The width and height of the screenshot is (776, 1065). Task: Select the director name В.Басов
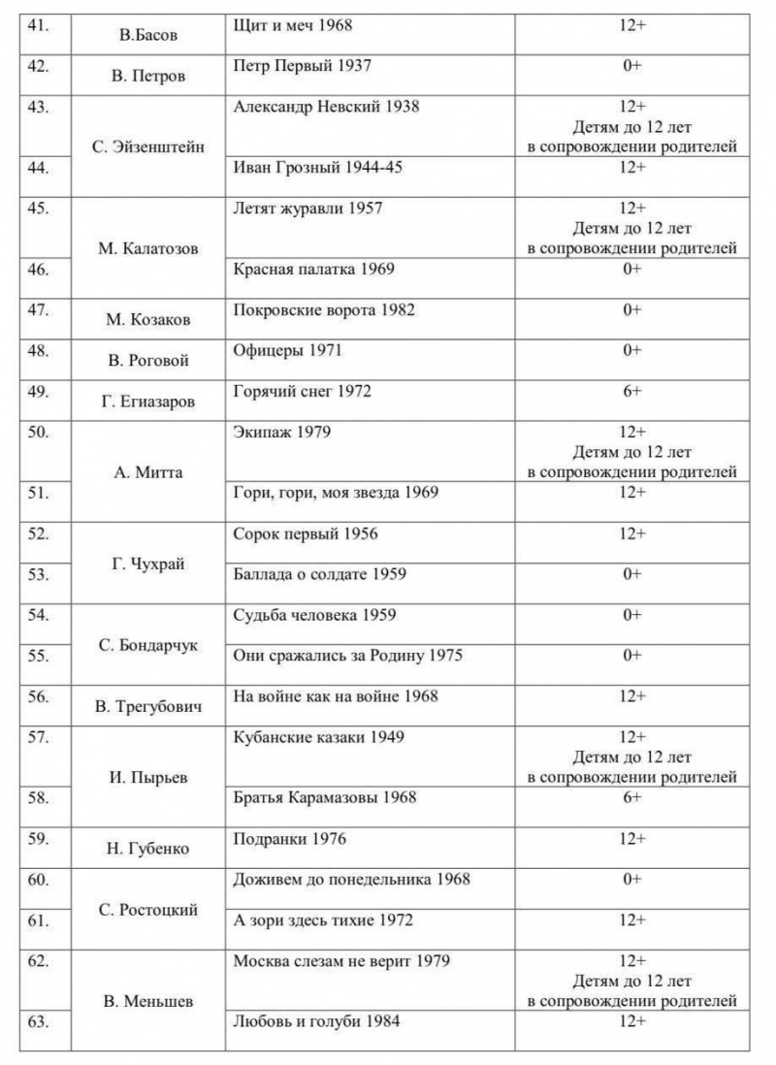[147, 35]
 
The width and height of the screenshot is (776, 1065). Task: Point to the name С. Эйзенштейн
[147, 147]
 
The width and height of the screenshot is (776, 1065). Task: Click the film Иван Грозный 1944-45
[318, 168]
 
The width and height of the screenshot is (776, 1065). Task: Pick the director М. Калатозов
[147, 248]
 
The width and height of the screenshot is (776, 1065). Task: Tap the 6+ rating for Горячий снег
[631, 392]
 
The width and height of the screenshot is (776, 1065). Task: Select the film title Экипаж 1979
[281, 433]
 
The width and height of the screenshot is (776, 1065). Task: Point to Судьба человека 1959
[315, 615]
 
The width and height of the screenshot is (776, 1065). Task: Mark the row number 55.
[40, 656]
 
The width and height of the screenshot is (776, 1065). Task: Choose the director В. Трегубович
[147, 708]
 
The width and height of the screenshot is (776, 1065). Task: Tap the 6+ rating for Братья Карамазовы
[631, 797]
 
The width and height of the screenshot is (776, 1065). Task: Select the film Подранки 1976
[290, 838]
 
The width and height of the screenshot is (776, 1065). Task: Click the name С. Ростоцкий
[147, 910]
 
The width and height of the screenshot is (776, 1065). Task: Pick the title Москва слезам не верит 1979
[341, 961]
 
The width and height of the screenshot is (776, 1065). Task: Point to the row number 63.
[40, 1020]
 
